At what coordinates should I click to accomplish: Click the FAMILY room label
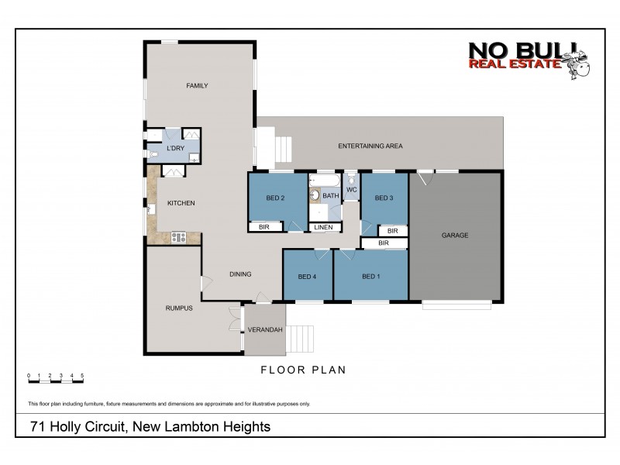coord(197,85)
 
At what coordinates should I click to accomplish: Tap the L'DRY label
coord(175,148)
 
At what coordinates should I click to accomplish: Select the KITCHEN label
coord(181,203)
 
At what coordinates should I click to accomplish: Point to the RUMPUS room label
coord(178,308)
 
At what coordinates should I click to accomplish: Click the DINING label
coord(241,274)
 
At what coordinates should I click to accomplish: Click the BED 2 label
coord(276,198)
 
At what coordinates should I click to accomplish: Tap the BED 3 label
coord(384,198)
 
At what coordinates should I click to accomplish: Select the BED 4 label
coord(307,277)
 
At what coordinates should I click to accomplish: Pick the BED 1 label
coord(370,277)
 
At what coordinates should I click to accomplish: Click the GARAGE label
coord(455,236)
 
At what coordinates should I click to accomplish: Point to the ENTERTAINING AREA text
coord(370,146)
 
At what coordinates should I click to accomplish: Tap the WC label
coord(351,189)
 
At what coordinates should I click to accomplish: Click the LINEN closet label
coord(323,227)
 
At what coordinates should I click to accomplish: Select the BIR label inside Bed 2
coord(263,227)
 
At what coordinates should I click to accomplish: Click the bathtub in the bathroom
coord(324,182)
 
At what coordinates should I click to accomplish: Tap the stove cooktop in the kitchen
coord(177,237)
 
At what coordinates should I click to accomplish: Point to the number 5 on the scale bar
coord(82,375)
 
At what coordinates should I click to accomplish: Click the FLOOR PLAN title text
coord(303,370)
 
